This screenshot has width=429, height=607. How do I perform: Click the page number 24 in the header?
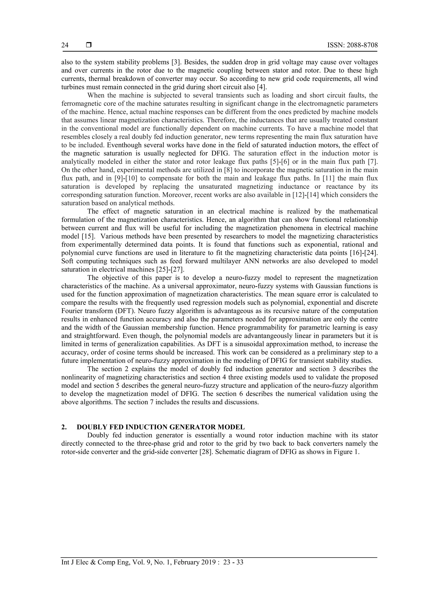tap(65, 45)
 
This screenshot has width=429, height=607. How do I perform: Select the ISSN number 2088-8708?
tap(362, 45)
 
